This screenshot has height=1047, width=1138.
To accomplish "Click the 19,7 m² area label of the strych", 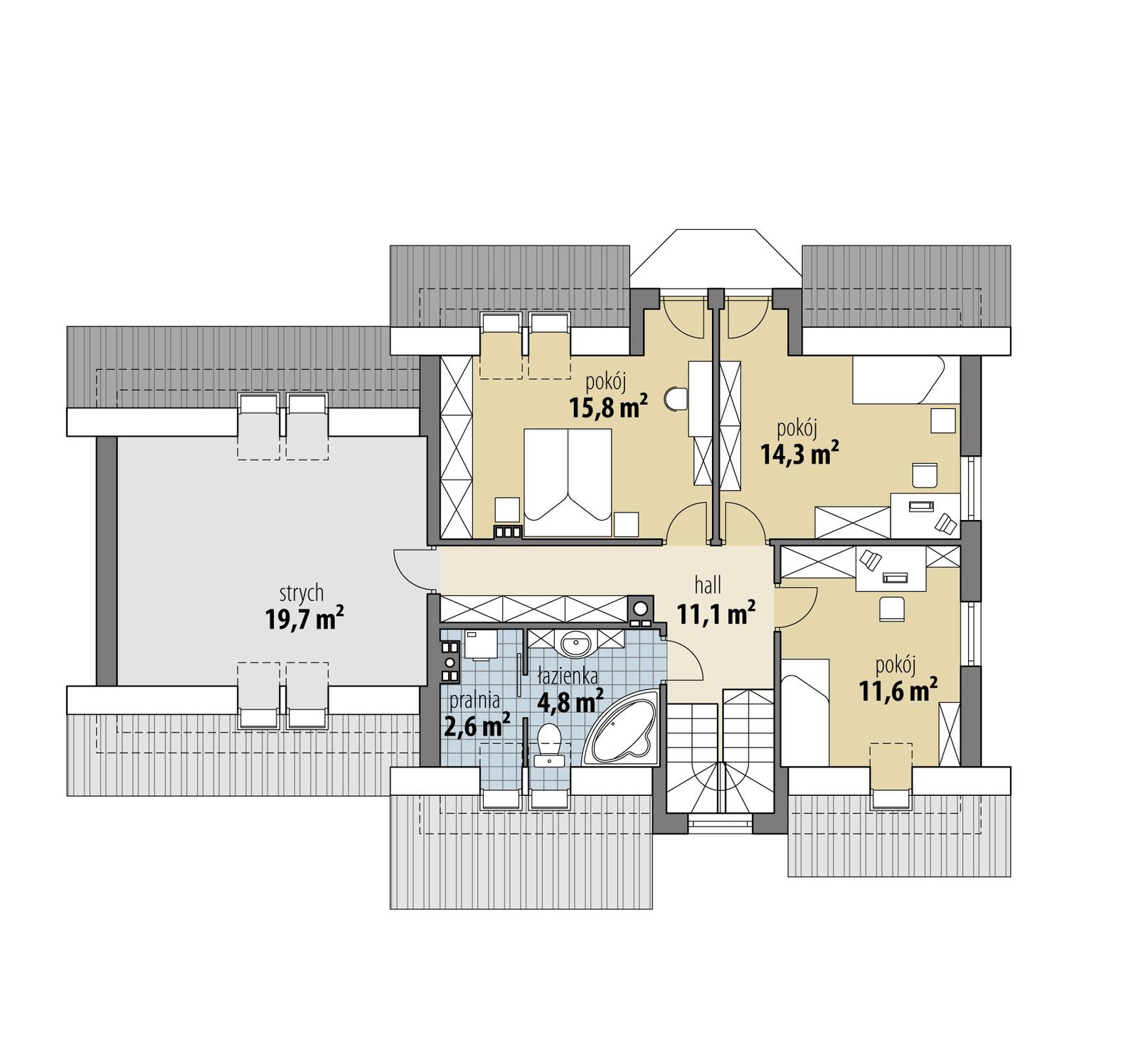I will (304, 618).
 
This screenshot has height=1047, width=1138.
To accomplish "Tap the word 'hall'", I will (708, 585).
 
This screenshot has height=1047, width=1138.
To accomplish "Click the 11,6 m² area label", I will (898, 690).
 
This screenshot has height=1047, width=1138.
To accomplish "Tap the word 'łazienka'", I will (568, 675).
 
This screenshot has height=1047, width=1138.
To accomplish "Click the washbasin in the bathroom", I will (575, 644).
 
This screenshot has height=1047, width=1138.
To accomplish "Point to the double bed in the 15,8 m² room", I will (568, 482).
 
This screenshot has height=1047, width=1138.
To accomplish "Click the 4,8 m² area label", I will (570, 702).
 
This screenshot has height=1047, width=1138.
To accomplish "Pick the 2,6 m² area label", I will (477, 726).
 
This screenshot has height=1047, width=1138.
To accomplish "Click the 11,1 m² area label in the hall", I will (715, 613).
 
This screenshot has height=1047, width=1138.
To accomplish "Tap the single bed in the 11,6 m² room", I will (806, 712).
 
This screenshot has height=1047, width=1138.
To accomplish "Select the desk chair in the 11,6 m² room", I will (892, 609).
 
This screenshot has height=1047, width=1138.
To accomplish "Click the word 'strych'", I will (302, 592).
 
